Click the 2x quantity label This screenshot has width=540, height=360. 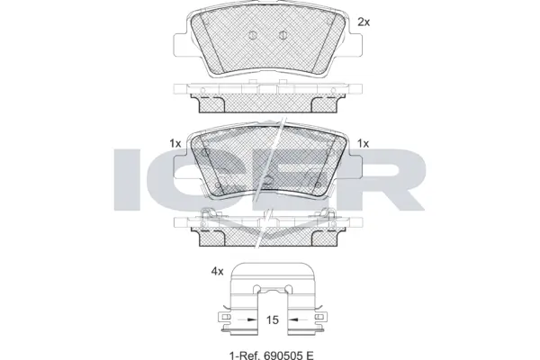click(x=364, y=21)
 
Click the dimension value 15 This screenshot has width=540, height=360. click(x=270, y=319)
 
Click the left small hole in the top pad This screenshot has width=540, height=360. click(x=256, y=36)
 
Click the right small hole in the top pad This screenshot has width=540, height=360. click(x=283, y=36)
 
